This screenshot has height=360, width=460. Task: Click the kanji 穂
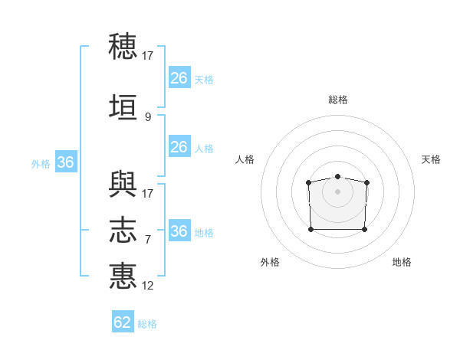click(x=123, y=46)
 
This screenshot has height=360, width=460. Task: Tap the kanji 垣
click(x=123, y=106)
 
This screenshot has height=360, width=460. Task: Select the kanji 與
click(x=123, y=184)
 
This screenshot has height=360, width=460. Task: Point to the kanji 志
click(x=123, y=230)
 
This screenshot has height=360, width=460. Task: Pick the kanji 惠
click(x=123, y=276)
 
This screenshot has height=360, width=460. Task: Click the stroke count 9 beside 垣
click(x=148, y=117)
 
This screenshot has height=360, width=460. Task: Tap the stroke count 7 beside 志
click(x=148, y=240)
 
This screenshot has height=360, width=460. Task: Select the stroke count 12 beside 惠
click(x=147, y=286)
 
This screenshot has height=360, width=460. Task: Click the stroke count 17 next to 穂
click(x=147, y=56)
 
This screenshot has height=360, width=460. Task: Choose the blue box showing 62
click(x=123, y=321)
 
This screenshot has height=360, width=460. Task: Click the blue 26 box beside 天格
click(x=179, y=77)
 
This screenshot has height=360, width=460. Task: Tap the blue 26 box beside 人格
click(x=179, y=146)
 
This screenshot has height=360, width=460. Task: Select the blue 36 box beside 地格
click(x=179, y=230)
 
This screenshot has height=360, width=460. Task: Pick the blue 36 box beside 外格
click(x=66, y=162)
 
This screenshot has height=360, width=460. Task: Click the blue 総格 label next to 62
click(x=147, y=324)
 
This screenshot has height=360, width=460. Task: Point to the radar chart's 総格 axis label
click(x=338, y=100)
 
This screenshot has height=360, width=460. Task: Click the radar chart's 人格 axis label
click(x=245, y=159)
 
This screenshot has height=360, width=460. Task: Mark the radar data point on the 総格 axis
click(x=337, y=176)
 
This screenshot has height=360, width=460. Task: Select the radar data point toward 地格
click(x=364, y=229)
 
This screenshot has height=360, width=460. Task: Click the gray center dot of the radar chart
click(x=337, y=191)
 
